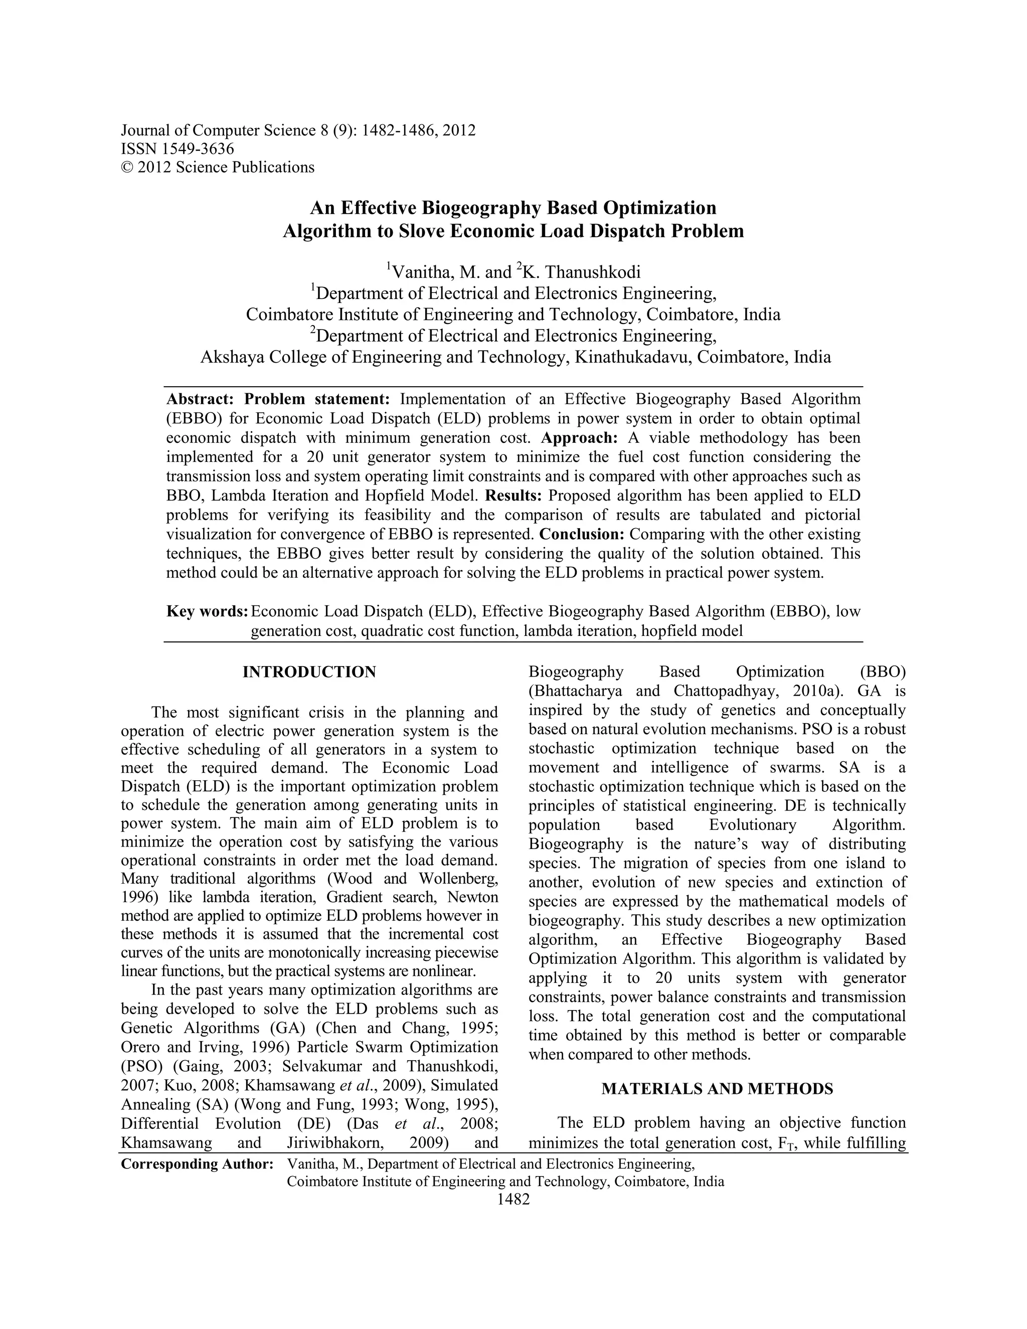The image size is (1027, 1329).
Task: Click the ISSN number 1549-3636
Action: (196, 148)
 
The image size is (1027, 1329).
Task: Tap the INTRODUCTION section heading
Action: (309, 673)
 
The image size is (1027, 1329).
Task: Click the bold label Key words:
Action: (207, 611)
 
